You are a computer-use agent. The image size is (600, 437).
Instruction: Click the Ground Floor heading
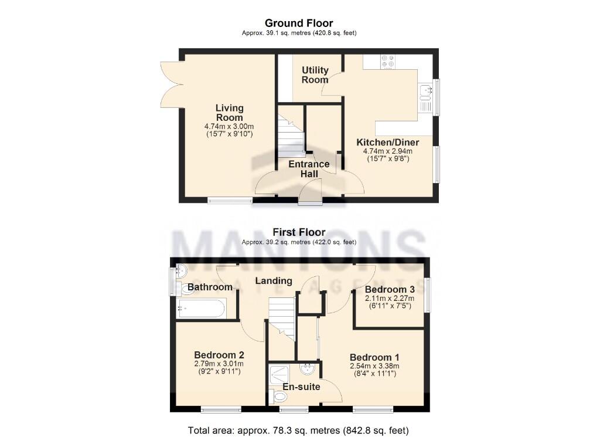(299, 23)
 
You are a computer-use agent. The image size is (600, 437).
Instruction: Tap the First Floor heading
(299, 232)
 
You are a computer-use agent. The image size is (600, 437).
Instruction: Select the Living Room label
(229, 113)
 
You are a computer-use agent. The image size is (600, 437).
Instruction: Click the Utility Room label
(315, 74)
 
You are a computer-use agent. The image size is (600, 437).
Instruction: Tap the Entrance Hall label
(309, 169)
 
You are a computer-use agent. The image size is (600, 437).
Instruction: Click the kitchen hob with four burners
(387, 62)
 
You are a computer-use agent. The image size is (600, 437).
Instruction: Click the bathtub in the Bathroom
(201, 309)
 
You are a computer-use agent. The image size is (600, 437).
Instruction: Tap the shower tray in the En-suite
(282, 373)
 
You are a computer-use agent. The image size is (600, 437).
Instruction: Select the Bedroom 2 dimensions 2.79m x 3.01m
(219, 364)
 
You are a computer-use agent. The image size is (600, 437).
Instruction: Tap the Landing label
(274, 281)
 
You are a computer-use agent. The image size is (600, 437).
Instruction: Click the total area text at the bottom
(298, 430)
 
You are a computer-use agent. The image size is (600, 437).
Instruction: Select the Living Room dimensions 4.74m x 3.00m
(229, 127)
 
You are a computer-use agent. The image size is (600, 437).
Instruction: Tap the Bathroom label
(210, 287)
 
